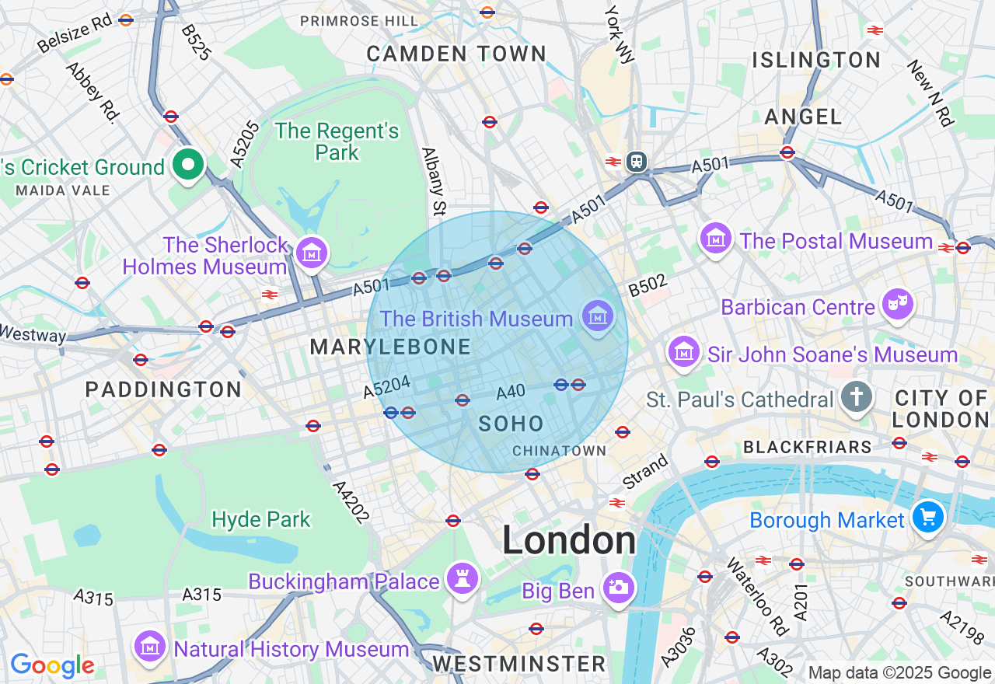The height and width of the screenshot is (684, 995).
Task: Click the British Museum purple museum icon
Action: click(597, 316)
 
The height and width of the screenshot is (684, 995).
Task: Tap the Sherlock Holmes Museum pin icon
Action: click(312, 253)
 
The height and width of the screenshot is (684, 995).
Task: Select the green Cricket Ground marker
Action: click(187, 165)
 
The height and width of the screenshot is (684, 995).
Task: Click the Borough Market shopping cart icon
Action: click(928, 517)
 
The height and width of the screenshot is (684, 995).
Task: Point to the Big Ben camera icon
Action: click(619, 588)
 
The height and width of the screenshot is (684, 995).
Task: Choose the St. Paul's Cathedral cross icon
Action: click(856, 398)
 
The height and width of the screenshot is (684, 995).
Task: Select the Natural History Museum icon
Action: click(149, 647)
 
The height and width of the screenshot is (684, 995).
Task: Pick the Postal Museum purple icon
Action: click(716, 238)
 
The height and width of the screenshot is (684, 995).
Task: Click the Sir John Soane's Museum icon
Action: click(684, 352)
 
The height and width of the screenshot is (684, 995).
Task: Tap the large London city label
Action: click(568, 539)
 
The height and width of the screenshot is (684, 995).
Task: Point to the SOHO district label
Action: click(511, 424)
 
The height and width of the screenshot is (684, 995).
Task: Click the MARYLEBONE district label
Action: click(390, 347)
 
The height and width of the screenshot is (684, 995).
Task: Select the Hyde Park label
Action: click(261, 519)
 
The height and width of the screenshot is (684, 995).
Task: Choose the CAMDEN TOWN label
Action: click(456, 54)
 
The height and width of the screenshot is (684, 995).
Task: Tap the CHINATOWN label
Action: click(559, 452)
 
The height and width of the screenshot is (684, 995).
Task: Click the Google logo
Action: click(52, 665)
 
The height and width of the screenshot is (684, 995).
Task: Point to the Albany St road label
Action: click(434, 181)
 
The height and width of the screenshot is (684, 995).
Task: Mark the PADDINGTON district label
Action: click(163, 389)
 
